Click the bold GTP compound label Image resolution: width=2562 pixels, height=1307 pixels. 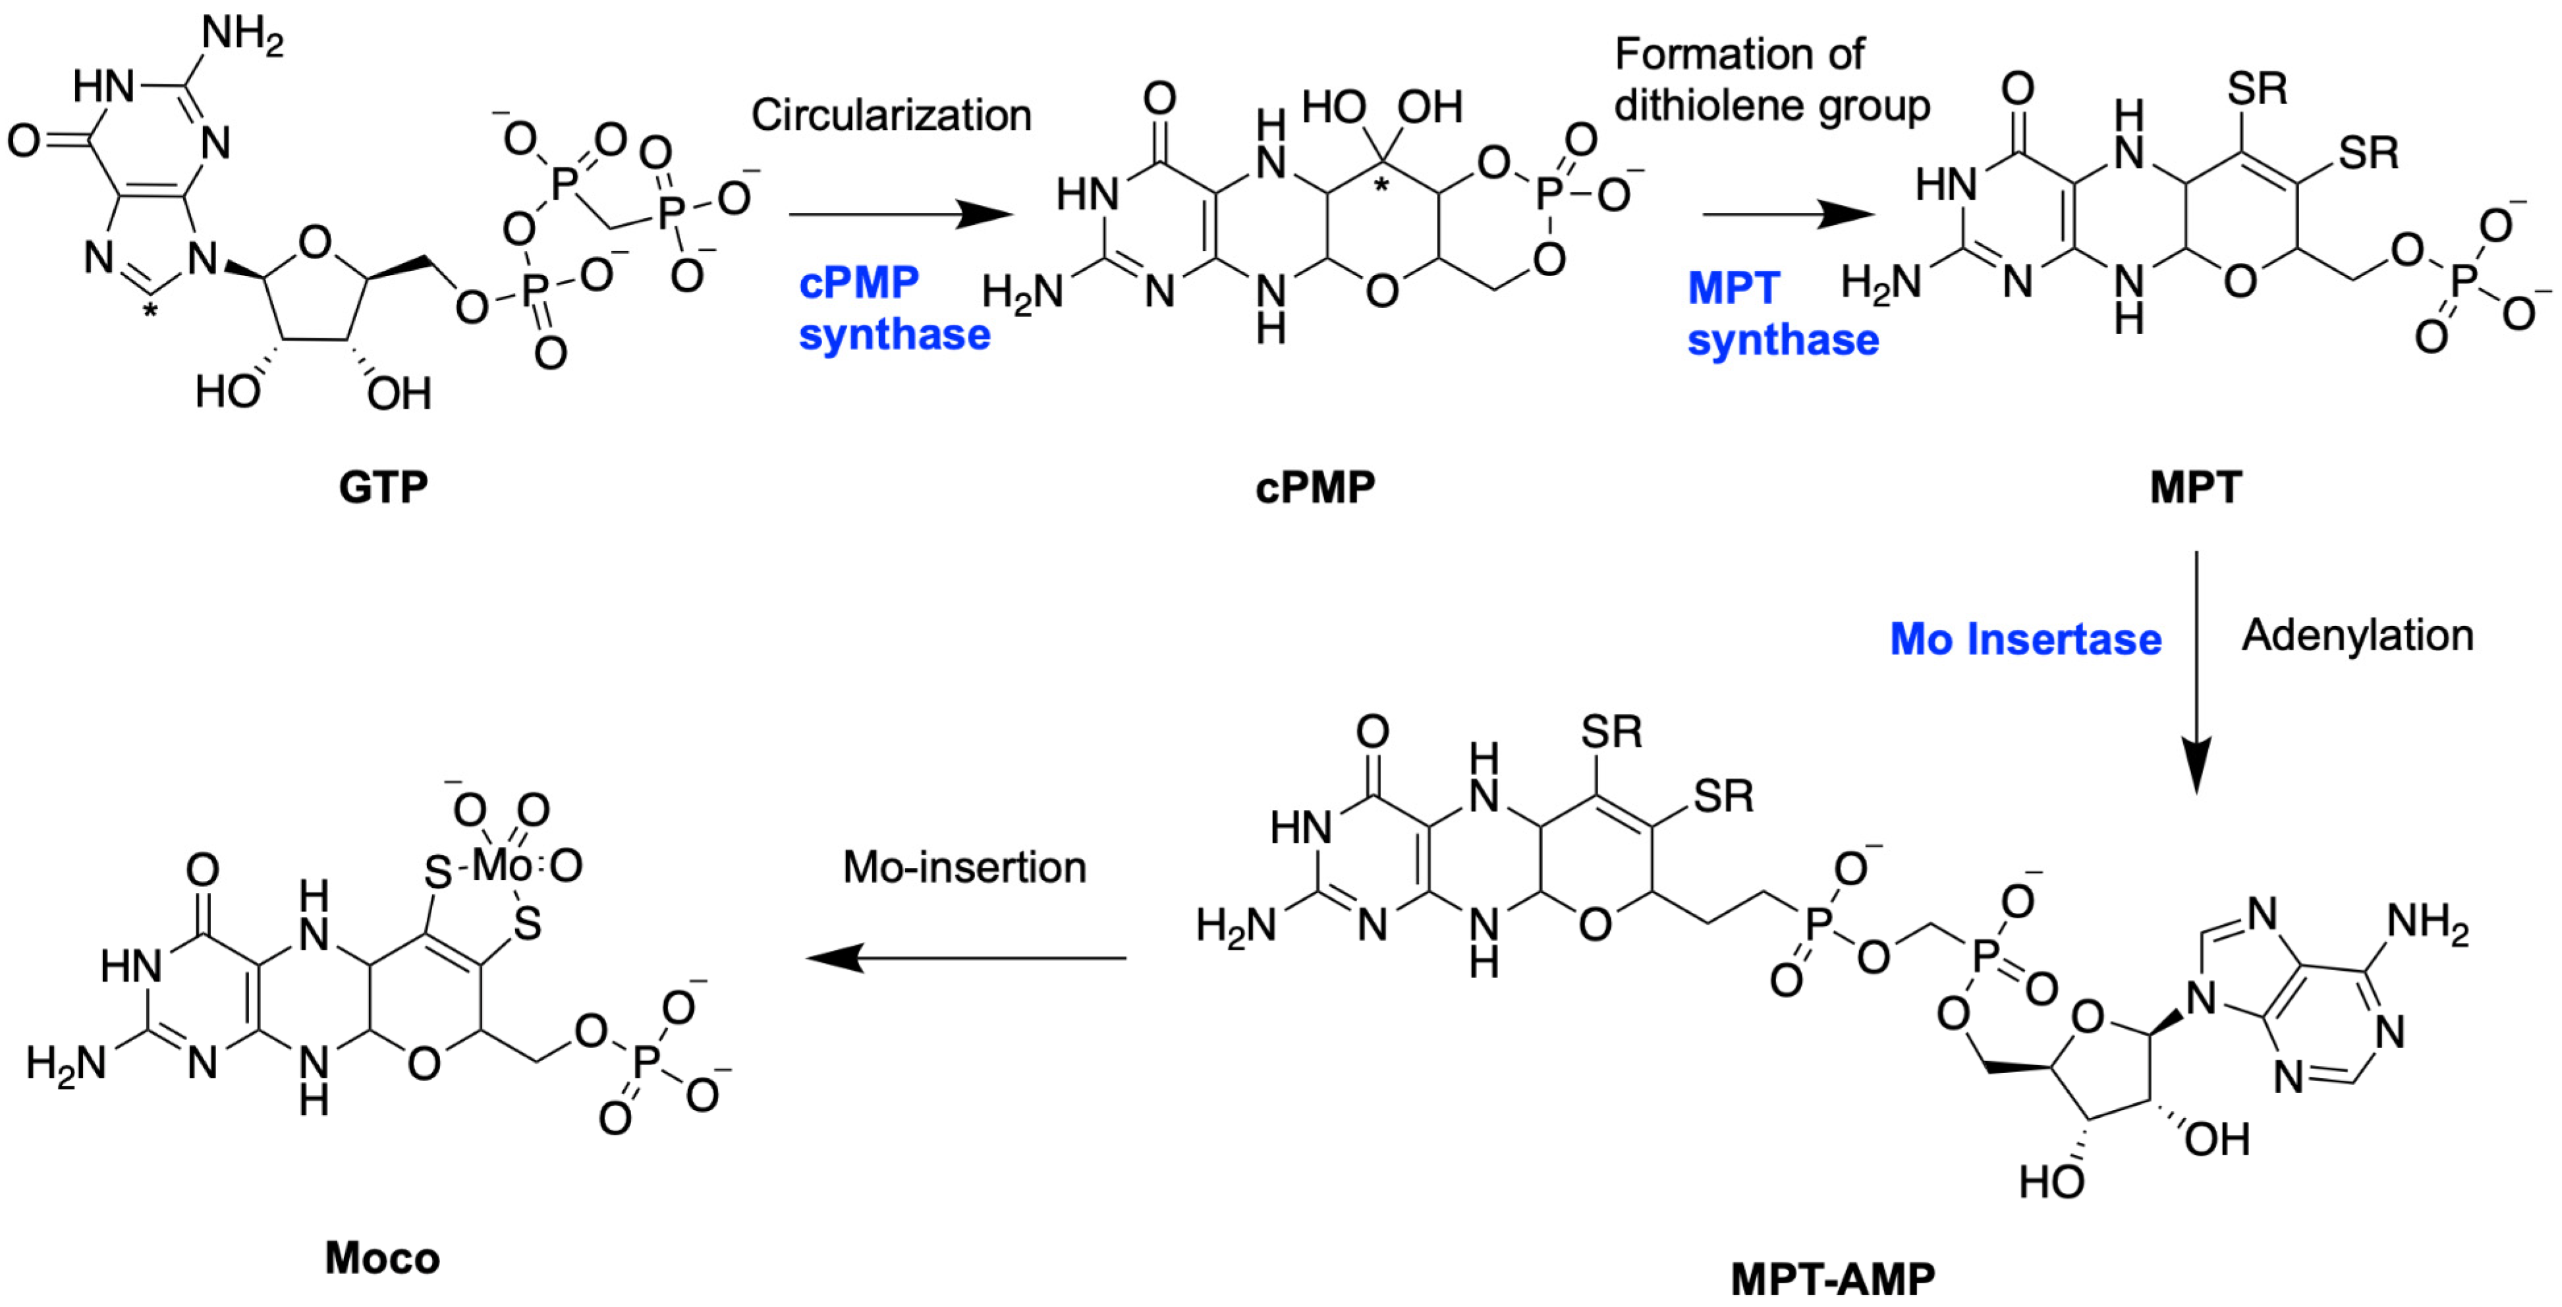(383, 487)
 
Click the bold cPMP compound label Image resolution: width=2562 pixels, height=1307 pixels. (1315, 487)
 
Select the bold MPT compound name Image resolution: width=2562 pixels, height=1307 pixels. (2195, 487)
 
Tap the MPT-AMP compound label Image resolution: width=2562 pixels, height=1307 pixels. (1833, 1278)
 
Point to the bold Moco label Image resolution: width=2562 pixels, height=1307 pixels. (382, 1258)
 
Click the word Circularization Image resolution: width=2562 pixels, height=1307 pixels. (891, 115)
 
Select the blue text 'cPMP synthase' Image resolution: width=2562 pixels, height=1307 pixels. (894, 308)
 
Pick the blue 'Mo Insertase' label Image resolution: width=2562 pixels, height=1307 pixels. (2025, 639)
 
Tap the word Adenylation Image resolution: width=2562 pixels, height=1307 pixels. (2357, 635)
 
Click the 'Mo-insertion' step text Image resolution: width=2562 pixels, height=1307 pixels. (964, 867)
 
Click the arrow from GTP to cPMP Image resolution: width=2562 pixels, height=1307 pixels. (900, 213)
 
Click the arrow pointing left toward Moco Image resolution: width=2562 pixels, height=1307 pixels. (964, 958)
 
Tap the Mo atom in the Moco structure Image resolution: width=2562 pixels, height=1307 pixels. (502, 864)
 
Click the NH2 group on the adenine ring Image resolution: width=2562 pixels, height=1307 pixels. (2428, 924)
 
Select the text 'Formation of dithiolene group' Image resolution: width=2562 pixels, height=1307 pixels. (1770, 80)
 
